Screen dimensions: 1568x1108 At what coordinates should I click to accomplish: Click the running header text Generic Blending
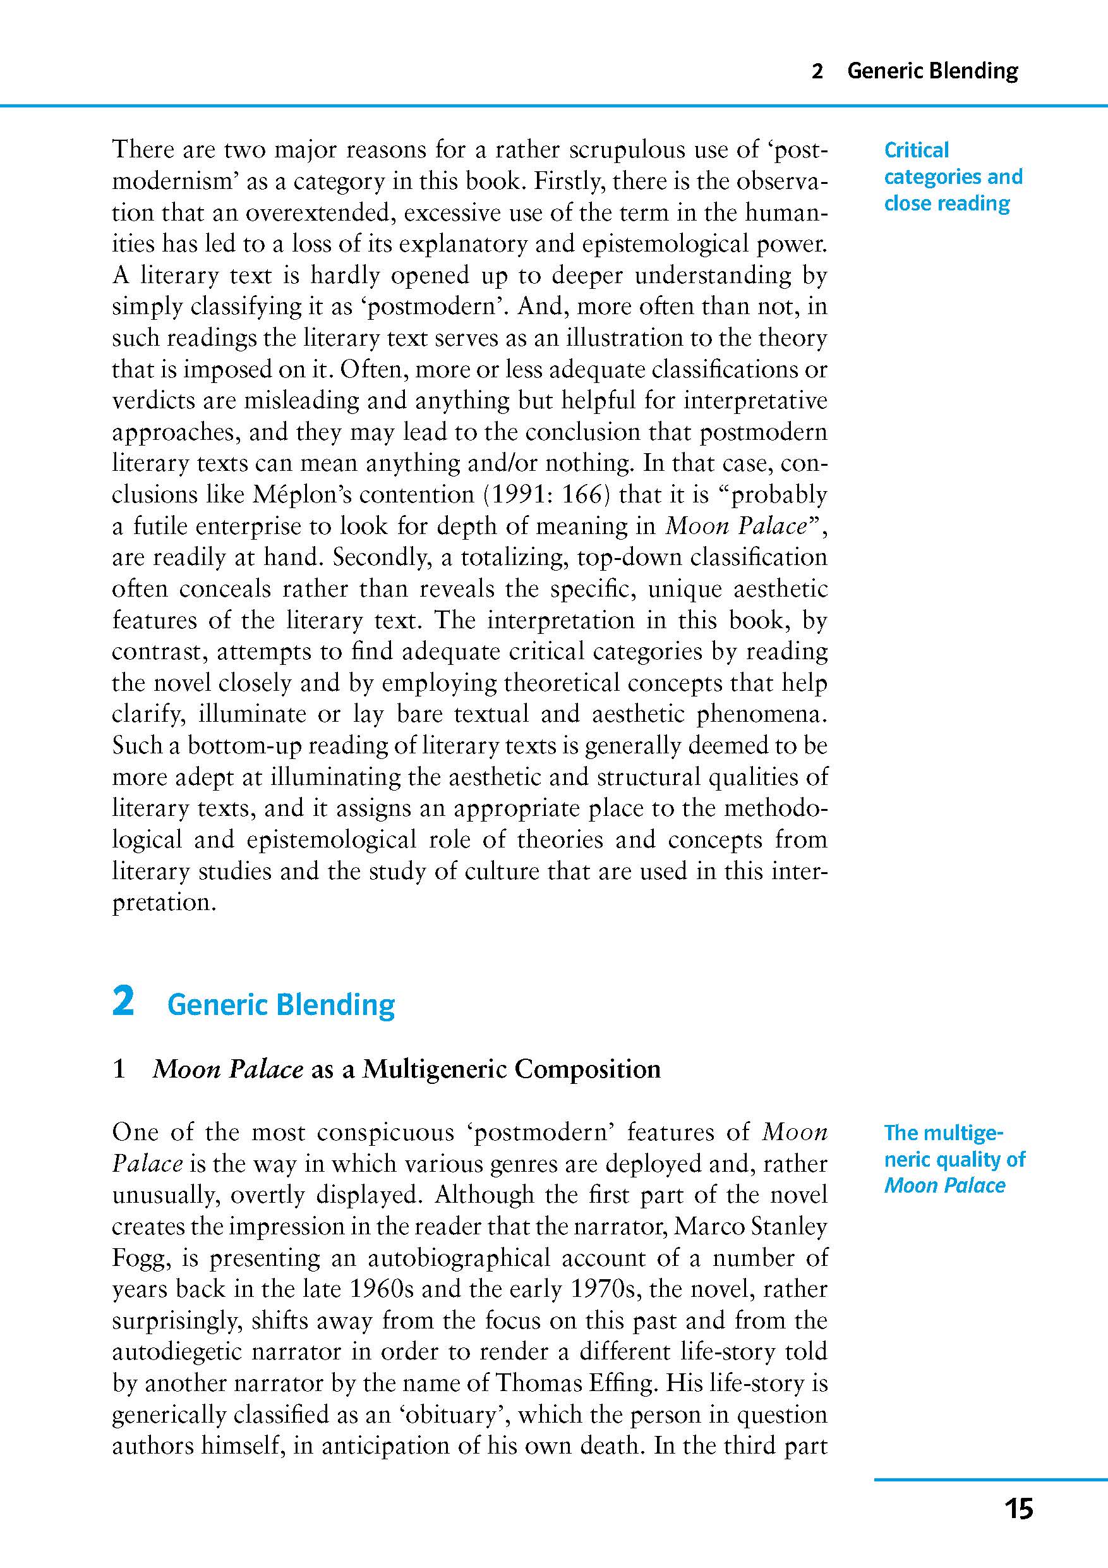(932, 70)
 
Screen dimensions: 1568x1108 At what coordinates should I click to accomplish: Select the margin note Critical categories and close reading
(953, 177)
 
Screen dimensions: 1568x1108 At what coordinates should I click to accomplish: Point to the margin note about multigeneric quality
(954, 1160)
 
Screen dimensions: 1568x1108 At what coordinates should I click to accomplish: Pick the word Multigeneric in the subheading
(434, 1069)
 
